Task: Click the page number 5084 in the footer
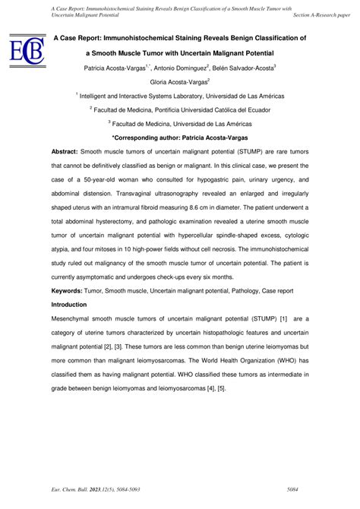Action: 302,492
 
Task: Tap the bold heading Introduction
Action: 74,304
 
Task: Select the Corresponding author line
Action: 179,137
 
